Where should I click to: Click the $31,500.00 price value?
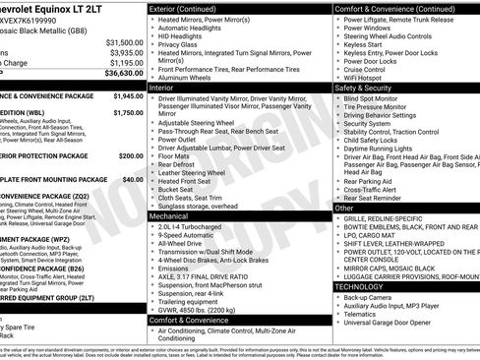123,42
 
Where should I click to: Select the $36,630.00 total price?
123,73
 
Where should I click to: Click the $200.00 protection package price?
130,155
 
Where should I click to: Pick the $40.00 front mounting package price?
132,180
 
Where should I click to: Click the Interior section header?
162,88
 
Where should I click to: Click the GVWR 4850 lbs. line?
203,307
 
